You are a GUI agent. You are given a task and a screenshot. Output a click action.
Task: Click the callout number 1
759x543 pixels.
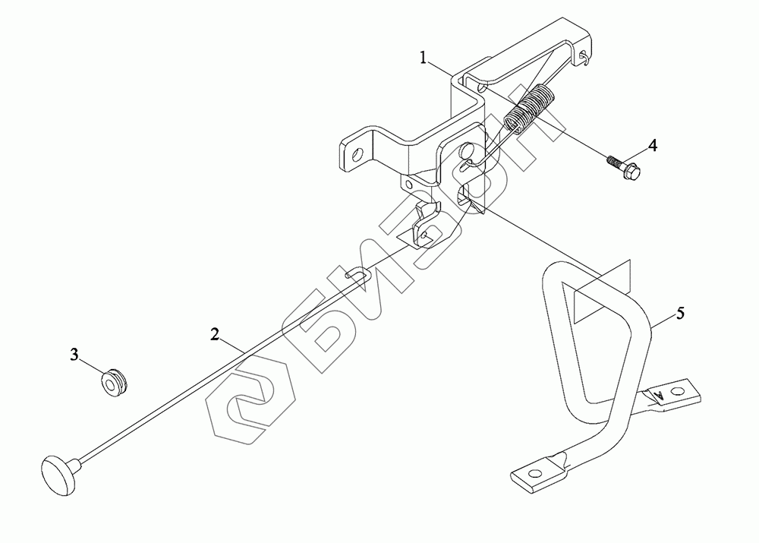[x=426, y=56]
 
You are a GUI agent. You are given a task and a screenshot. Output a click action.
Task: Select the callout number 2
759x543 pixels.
[x=216, y=333]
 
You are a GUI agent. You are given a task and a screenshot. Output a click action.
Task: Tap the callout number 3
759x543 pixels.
[x=74, y=354]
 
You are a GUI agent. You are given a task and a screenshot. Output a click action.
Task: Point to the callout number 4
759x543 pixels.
[x=652, y=145]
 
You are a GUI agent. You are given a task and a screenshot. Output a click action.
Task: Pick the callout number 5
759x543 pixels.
[x=681, y=311]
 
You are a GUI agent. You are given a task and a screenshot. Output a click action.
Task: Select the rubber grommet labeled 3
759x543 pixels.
[x=115, y=380]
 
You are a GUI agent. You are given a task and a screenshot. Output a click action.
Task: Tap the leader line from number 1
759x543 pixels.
[x=442, y=67]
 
